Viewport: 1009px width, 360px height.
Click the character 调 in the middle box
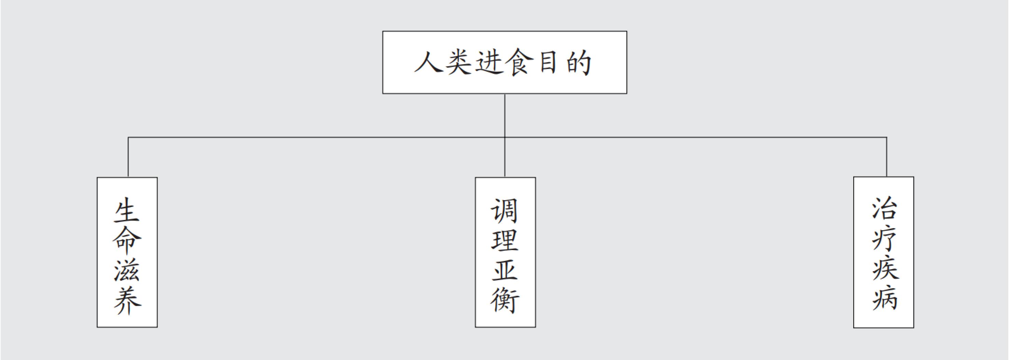tap(505, 210)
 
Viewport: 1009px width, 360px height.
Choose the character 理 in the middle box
tap(505, 240)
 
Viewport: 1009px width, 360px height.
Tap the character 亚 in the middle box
tap(505, 270)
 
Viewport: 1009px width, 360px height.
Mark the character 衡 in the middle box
tap(505, 301)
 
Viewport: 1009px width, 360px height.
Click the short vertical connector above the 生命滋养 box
tap(128, 157)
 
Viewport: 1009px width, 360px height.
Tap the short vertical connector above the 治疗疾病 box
tap(886, 157)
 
